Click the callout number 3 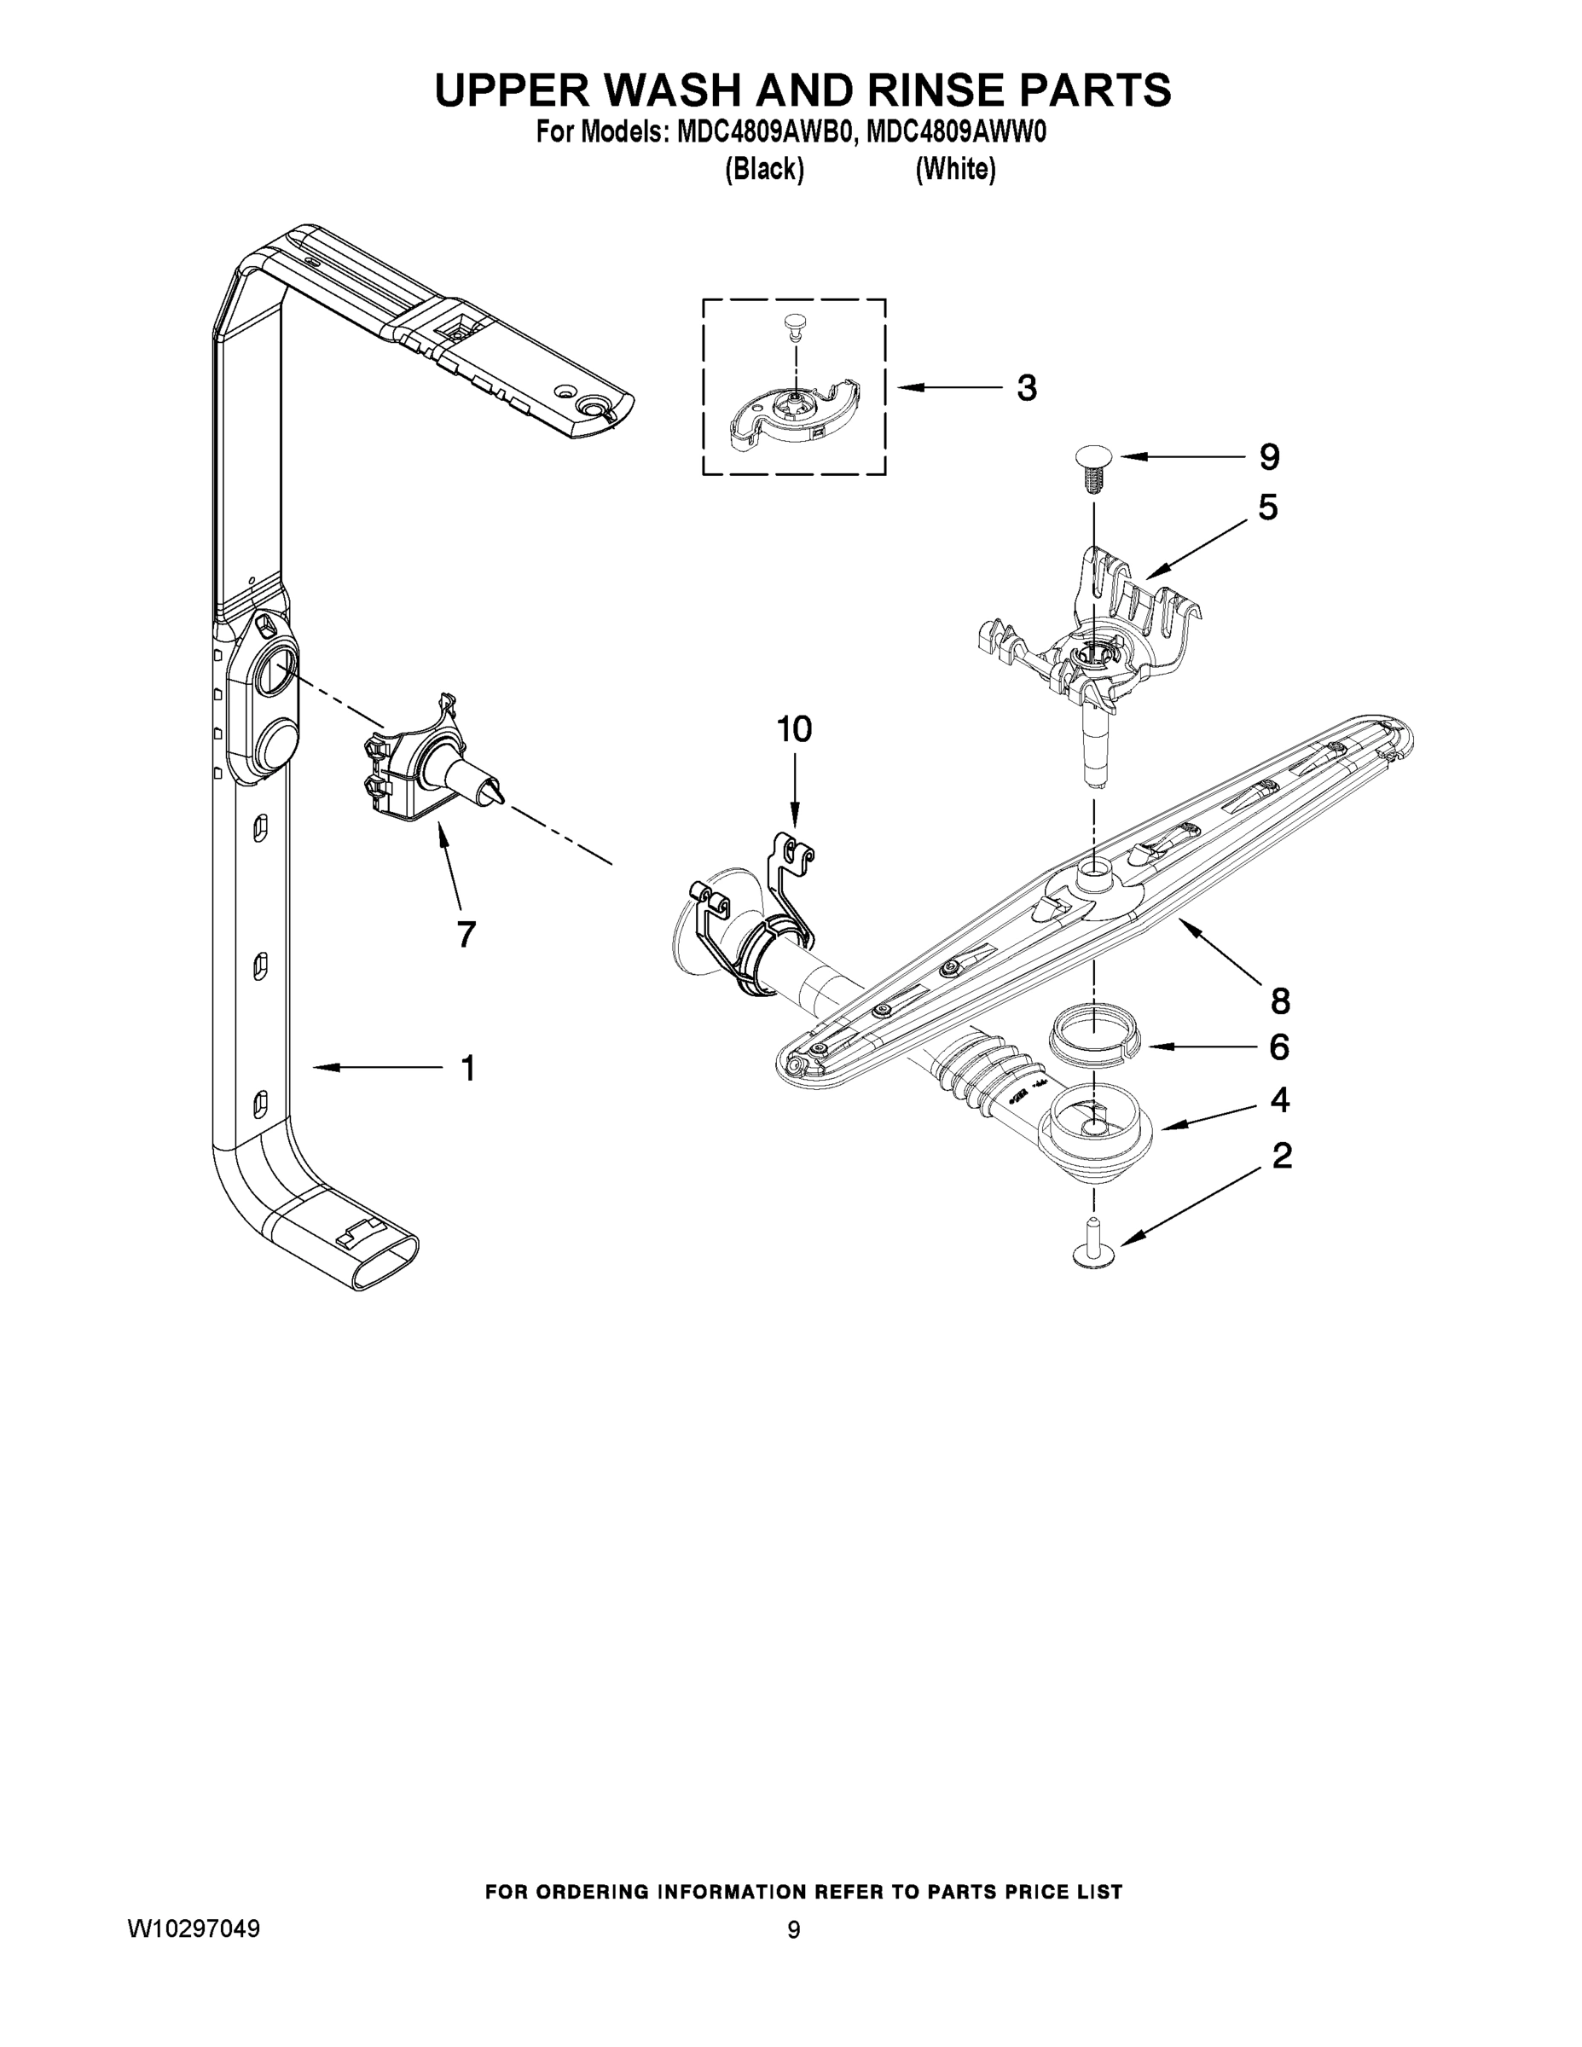click(1027, 387)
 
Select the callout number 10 click(794, 728)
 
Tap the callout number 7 click(466, 934)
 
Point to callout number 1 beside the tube click(467, 1068)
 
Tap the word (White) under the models click(955, 170)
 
